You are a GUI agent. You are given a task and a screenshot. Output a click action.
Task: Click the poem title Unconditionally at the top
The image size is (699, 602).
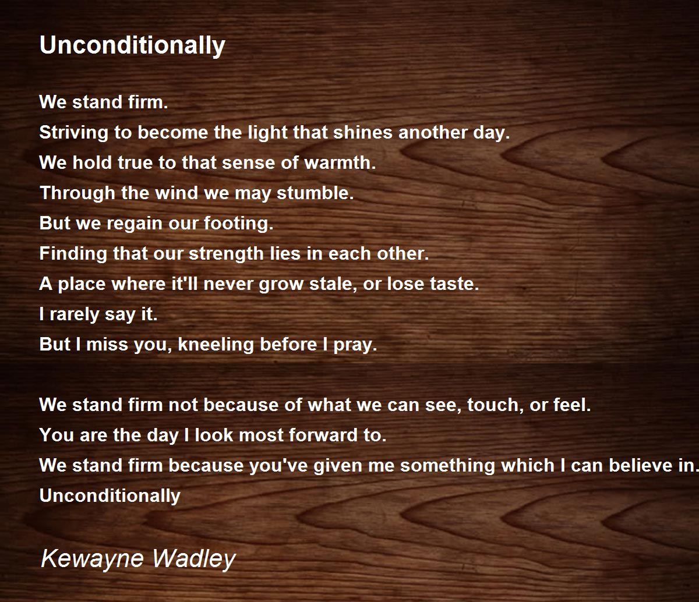(132, 46)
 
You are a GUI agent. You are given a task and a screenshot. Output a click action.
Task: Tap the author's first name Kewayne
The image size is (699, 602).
(92, 559)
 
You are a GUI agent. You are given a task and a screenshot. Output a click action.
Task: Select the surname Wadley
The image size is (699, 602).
(194, 559)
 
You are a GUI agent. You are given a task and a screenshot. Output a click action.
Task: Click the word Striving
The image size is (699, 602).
(73, 133)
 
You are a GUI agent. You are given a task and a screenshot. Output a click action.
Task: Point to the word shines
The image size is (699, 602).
(362, 132)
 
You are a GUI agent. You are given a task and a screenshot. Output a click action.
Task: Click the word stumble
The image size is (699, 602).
(315, 193)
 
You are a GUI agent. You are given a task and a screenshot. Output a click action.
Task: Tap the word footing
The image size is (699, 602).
(238, 224)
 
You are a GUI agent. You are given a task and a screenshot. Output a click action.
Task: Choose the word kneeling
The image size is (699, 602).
(216, 345)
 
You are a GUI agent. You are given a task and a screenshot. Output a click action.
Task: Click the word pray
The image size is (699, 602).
(355, 345)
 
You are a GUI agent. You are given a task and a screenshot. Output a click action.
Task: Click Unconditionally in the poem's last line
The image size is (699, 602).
(110, 496)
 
